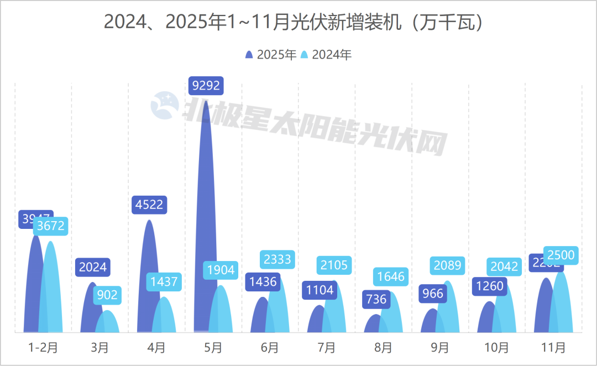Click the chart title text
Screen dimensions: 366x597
[x=298, y=22]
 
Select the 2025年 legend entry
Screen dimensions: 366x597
[x=271, y=54]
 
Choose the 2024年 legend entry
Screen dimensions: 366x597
[x=326, y=54]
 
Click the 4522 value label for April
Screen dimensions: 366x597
[x=149, y=205]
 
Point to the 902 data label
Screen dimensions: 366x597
[x=107, y=295]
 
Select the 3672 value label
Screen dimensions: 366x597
[x=50, y=226]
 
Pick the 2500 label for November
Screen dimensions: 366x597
[x=561, y=255]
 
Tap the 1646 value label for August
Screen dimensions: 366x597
[x=391, y=276]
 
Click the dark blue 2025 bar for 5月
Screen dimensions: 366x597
[x=205, y=221]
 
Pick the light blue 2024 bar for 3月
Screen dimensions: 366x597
[x=108, y=322]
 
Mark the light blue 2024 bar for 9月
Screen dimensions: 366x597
[x=448, y=310]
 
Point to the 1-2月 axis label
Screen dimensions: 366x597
[x=43, y=348]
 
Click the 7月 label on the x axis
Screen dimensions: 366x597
[x=327, y=348]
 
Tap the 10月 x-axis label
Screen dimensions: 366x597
[x=496, y=348]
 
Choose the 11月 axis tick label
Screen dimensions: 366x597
[x=553, y=348]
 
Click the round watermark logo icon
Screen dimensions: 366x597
[x=165, y=106]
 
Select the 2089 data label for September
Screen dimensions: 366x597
[x=447, y=265]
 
